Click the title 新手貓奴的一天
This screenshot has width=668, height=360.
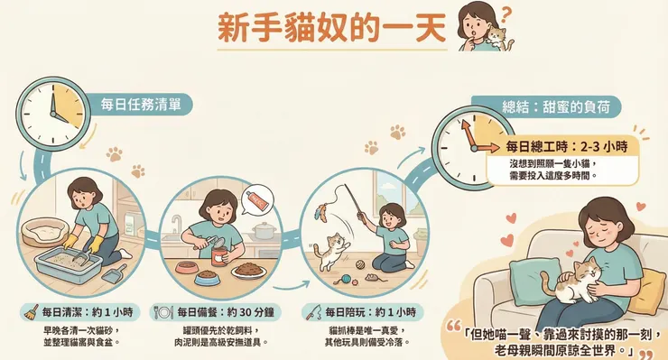(x=331, y=28)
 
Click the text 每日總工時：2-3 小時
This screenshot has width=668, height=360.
(x=566, y=145)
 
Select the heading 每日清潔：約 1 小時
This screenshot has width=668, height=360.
(x=79, y=311)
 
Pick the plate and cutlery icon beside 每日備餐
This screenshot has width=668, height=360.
(x=163, y=311)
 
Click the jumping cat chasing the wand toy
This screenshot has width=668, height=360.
(x=333, y=247)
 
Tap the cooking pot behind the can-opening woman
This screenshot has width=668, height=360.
(x=264, y=231)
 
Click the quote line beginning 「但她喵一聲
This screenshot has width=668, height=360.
(x=552, y=331)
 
